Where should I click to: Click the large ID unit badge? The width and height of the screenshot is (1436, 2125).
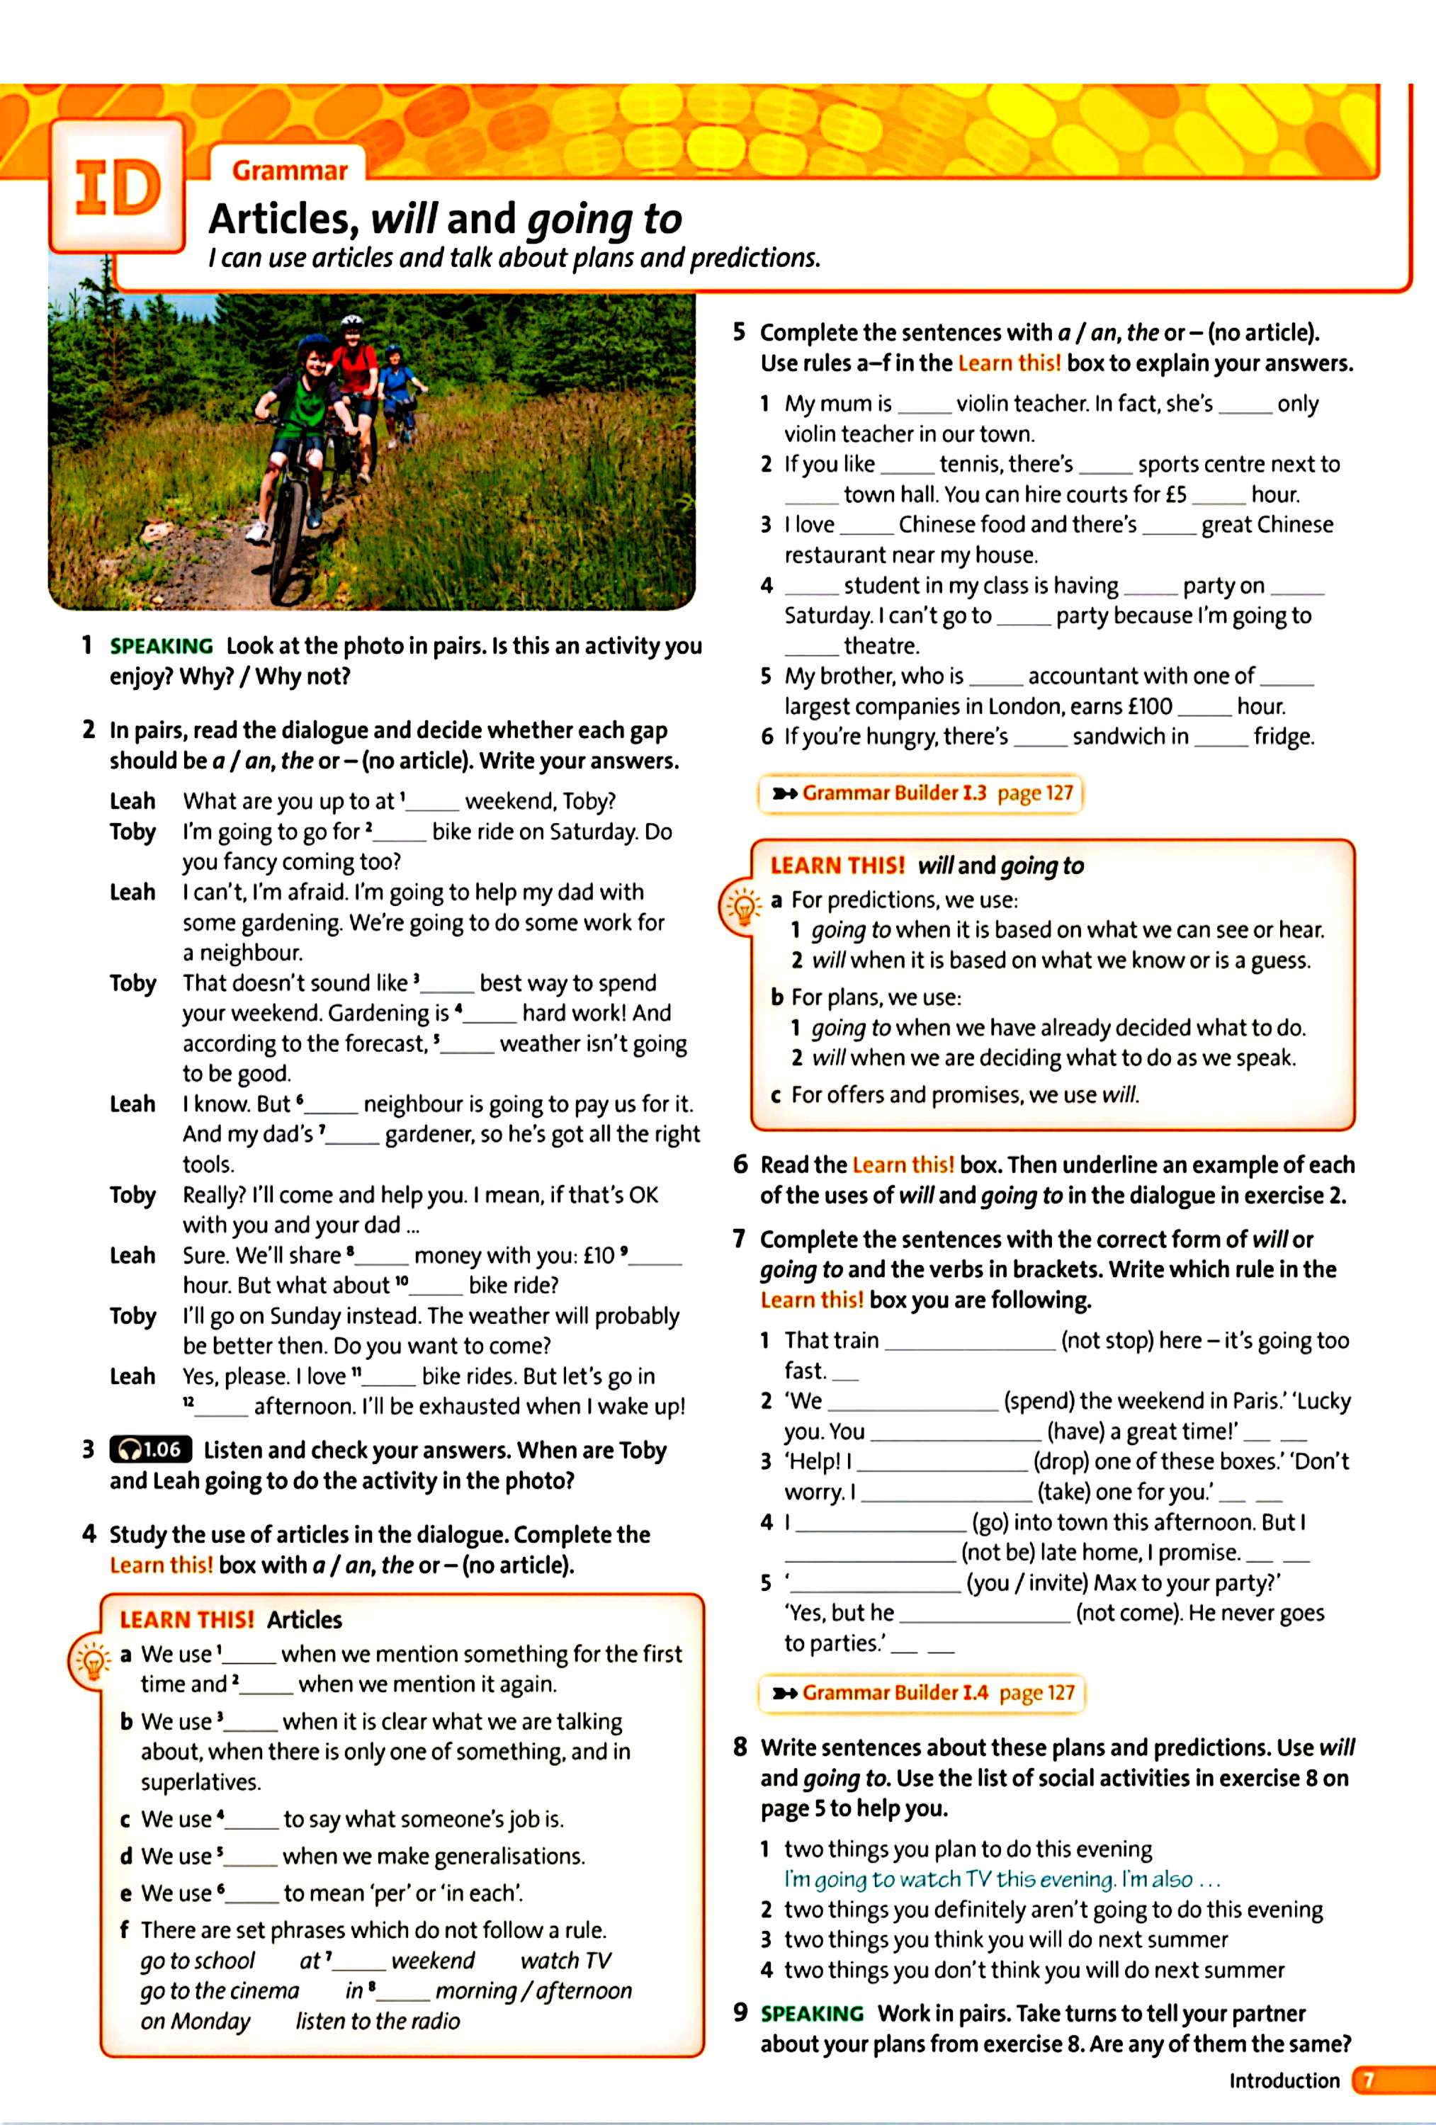pyautogui.click(x=117, y=188)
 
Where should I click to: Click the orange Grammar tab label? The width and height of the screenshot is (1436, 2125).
pyautogui.click(x=290, y=171)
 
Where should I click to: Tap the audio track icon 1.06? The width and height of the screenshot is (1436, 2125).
pyautogui.click(x=151, y=1449)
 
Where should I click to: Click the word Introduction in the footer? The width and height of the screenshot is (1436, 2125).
pyautogui.click(x=1284, y=2080)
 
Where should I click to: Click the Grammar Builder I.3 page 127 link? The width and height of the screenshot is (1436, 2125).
pyautogui.click(x=922, y=793)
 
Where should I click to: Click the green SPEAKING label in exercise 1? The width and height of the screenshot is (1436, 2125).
pyautogui.click(x=161, y=645)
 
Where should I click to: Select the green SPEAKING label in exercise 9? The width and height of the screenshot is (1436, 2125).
pyautogui.click(x=812, y=2014)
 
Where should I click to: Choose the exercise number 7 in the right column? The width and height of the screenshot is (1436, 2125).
pyautogui.click(x=739, y=1239)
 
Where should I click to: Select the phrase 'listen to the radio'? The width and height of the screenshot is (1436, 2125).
pyautogui.click(x=377, y=2021)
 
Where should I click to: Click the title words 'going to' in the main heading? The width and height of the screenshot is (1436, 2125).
pyautogui.click(x=604, y=220)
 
